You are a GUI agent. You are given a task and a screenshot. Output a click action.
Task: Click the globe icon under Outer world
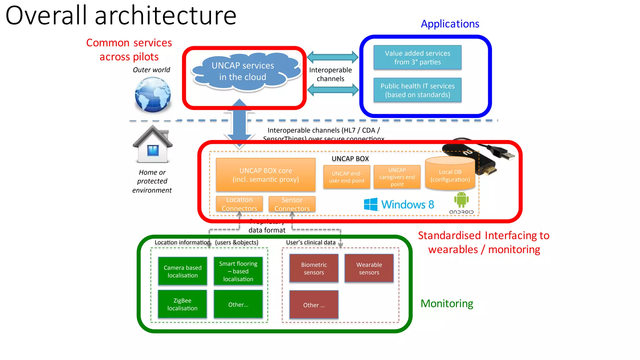pos(153,94)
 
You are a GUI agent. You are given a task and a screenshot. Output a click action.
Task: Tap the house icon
pos(152,145)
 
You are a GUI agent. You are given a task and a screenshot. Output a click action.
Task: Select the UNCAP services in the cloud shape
pos(243,72)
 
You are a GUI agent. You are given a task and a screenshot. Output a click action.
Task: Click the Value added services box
pos(417,57)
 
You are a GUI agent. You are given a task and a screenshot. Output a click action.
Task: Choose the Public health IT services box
pos(417,90)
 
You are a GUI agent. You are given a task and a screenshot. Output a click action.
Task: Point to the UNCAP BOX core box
pos(266,175)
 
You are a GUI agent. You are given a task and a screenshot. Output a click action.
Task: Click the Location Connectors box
pos(239,204)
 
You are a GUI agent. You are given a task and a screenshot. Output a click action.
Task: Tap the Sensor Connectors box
pos(292,204)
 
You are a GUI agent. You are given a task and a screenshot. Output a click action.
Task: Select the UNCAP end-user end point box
pos(347,177)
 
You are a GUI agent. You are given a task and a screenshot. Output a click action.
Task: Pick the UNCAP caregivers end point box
pos(397,177)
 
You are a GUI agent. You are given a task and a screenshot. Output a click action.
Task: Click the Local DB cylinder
pos(450,174)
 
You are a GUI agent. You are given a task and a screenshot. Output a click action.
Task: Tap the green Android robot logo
pos(461,199)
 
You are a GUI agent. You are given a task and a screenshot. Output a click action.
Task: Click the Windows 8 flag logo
pos(371,204)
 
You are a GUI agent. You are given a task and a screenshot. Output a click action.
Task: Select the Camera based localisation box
pos(182,271)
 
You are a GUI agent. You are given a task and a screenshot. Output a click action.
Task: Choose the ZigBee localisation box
pos(182,304)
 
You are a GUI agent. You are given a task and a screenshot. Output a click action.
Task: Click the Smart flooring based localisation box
pos(238,271)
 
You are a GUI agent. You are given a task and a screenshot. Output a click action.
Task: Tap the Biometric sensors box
pos(314,268)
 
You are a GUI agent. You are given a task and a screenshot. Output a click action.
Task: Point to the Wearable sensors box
pos(369,268)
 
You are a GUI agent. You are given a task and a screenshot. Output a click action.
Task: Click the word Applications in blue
pos(450,24)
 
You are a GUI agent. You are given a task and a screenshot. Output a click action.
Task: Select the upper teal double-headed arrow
pos(332,57)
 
